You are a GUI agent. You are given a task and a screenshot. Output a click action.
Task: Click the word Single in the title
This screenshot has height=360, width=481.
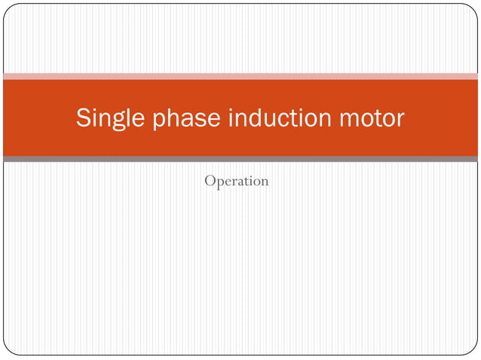tap(111, 118)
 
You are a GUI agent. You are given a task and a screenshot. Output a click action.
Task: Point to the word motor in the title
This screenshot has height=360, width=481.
tap(371, 118)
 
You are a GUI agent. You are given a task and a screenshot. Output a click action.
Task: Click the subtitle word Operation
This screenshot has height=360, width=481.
tap(237, 182)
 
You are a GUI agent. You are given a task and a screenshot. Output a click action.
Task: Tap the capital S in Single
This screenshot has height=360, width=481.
tap(84, 118)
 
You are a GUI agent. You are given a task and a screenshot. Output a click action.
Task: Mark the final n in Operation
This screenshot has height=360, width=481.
tap(264, 182)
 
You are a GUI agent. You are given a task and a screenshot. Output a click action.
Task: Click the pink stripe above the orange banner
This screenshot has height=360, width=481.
tap(240, 76)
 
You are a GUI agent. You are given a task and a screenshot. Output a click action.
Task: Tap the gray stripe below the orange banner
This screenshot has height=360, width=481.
tap(240, 159)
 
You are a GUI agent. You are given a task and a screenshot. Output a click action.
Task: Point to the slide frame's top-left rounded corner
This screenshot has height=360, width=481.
tap(8, 8)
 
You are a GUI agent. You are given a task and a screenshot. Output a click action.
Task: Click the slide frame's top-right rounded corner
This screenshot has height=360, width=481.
tap(473, 8)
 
